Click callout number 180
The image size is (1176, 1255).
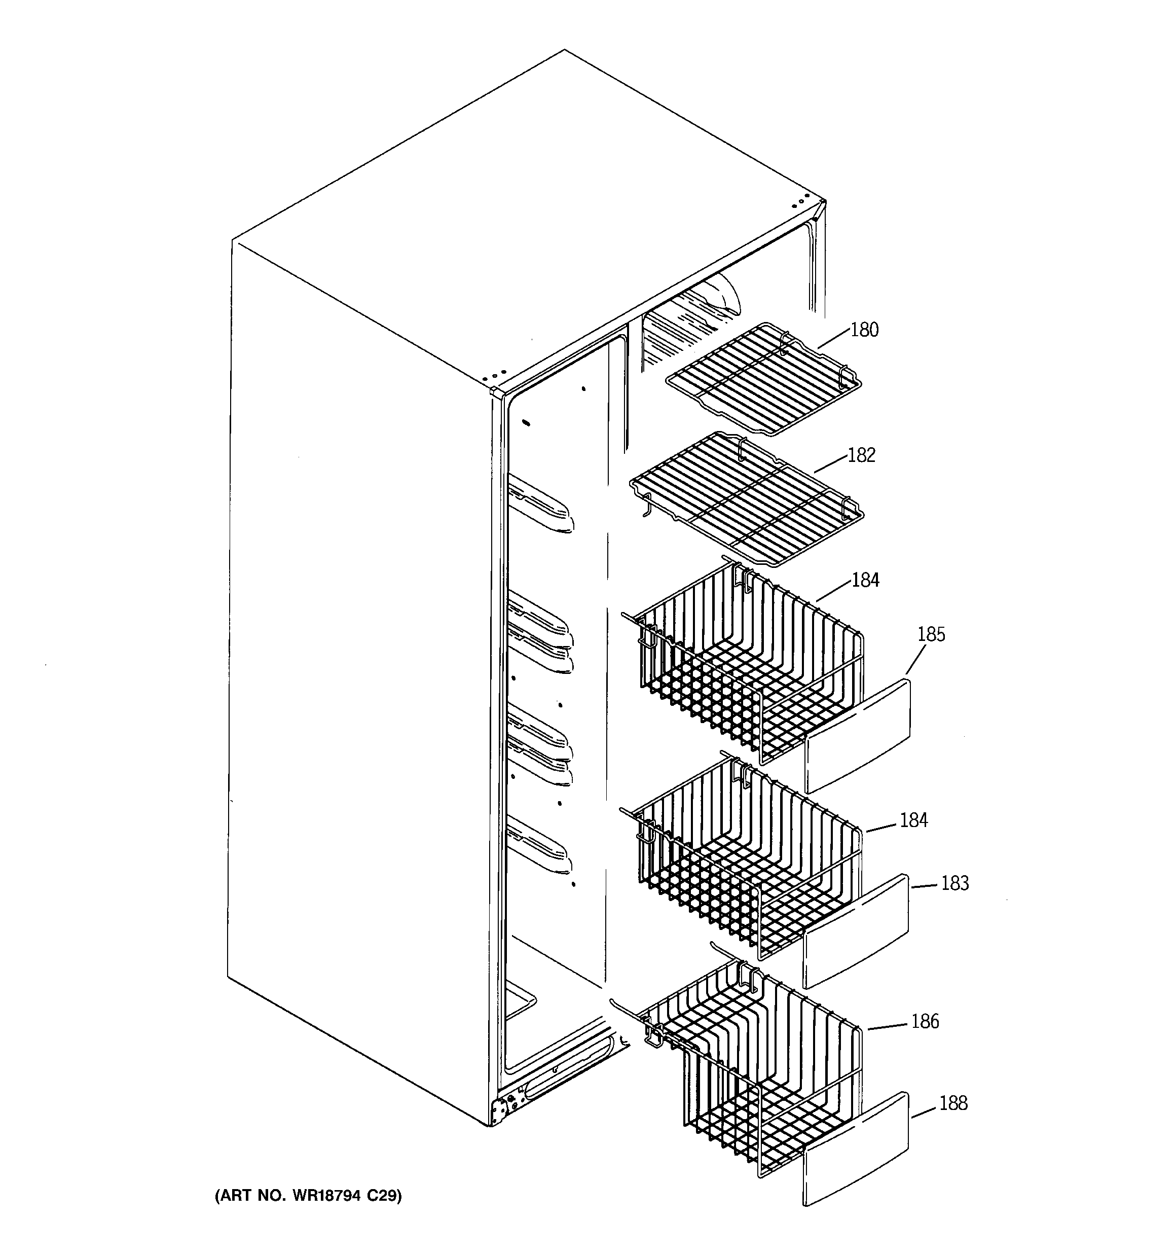click(864, 330)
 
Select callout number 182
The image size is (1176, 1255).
click(861, 455)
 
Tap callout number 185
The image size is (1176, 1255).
click(931, 634)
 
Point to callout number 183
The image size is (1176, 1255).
click(954, 883)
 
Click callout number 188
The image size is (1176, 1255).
click(952, 1103)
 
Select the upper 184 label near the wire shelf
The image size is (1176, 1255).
click(865, 580)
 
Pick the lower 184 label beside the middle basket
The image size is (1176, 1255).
click(913, 820)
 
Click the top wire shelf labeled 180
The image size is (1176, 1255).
click(764, 379)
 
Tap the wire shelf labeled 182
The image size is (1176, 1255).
click(748, 499)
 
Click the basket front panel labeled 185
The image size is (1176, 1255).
click(859, 735)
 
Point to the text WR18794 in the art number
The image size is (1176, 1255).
click(322, 1196)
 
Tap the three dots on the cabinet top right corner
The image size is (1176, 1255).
click(800, 201)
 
